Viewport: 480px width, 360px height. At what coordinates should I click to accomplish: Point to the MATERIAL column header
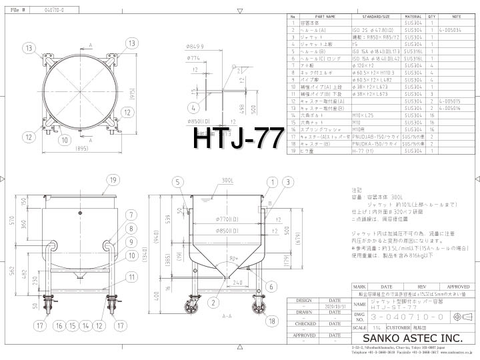pos(413,17)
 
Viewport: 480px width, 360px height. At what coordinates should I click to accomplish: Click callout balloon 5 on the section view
pos(178,163)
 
